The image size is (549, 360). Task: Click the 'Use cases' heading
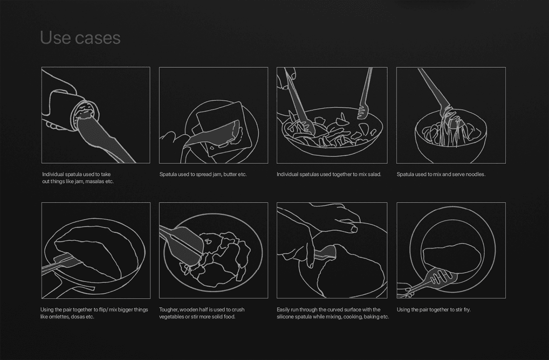click(80, 38)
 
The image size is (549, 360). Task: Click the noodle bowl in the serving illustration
click(451, 137)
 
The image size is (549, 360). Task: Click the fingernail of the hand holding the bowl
click(354, 229)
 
